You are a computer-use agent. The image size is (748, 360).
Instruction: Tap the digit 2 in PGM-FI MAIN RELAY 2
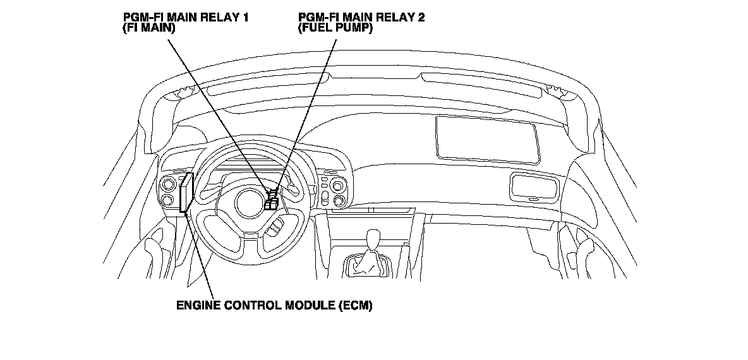click(421, 17)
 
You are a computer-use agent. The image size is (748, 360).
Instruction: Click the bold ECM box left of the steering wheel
click(185, 195)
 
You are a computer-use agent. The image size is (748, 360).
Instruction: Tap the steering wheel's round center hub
click(249, 203)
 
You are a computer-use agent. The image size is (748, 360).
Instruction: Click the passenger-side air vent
click(534, 187)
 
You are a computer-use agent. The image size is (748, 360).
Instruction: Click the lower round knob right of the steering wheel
click(340, 201)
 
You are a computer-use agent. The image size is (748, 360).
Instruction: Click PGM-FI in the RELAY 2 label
click(317, 17)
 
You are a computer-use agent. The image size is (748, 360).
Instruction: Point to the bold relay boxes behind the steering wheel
click(272, 202)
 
